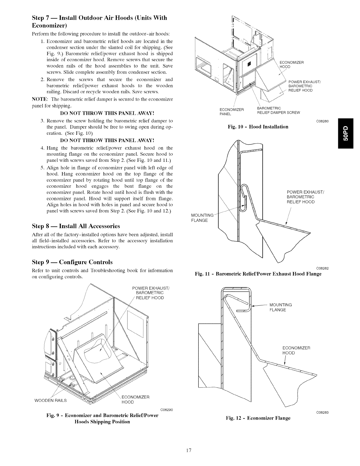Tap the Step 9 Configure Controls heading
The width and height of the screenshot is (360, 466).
(x=72, y=262)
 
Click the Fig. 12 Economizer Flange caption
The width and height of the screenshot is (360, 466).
(x=258, y=418)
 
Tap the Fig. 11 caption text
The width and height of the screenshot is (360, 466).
(x=258, y=274)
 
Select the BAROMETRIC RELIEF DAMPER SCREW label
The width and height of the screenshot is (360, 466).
(x=278, y=110)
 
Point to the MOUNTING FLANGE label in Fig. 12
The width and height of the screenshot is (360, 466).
(x=280, y=307)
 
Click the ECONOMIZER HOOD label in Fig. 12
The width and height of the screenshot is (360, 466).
(x=296, y=350)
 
